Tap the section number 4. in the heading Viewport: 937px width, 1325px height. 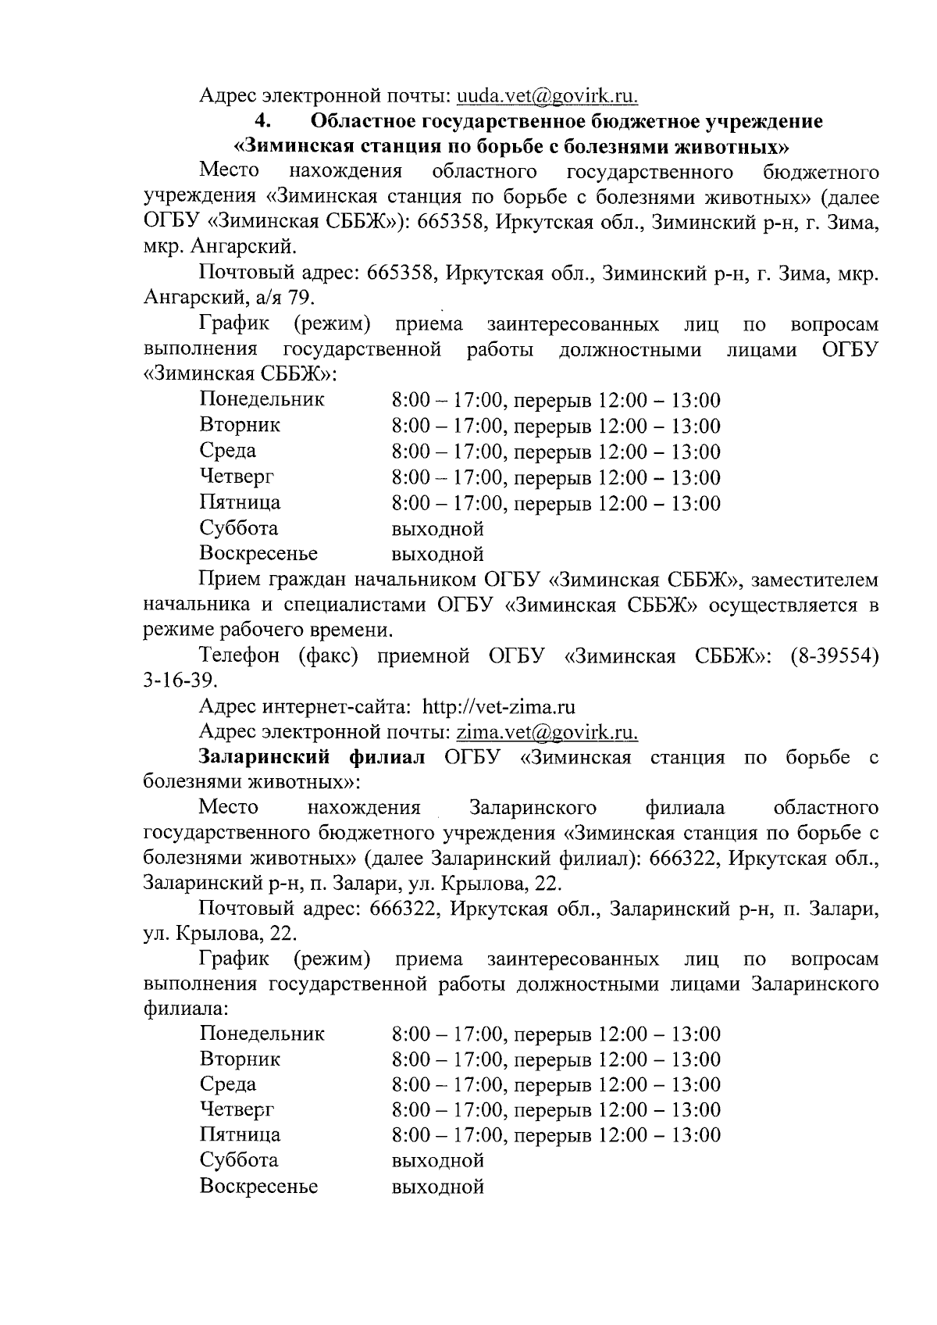[261, 122]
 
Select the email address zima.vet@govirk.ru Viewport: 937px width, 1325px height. [547, 732]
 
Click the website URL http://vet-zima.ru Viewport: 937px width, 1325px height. [499, 707]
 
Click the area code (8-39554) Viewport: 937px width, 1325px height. [834, 656]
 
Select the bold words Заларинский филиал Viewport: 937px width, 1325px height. [312, 757]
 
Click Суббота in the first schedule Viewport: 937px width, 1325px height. [239, 528]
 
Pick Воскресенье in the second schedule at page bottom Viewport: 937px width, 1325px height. [258, 1186]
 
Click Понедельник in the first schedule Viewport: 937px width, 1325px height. [262, 400]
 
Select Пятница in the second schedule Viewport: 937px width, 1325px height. [240, 1134]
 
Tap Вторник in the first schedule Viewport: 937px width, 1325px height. [240, 426]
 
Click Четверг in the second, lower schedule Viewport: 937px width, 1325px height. [237, 1109]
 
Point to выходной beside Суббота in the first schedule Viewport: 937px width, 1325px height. [437, 529]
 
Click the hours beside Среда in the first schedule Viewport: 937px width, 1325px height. [555, 452]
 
